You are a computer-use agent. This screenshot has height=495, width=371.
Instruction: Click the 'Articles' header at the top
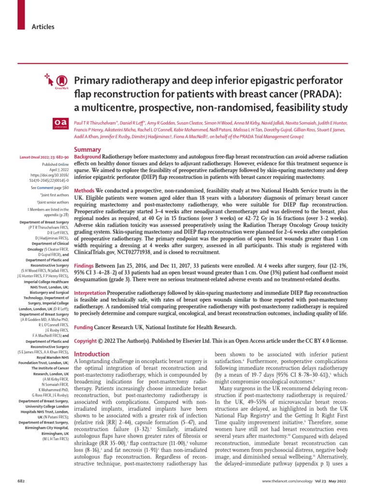43,27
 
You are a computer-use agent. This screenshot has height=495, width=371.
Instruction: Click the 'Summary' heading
87,149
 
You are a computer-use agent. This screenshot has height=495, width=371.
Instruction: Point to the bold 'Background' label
87,158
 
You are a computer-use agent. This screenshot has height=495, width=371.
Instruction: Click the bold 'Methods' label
84,190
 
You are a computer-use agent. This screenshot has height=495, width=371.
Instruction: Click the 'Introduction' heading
92,354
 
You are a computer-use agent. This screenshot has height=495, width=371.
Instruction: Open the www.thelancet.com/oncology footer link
289,481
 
